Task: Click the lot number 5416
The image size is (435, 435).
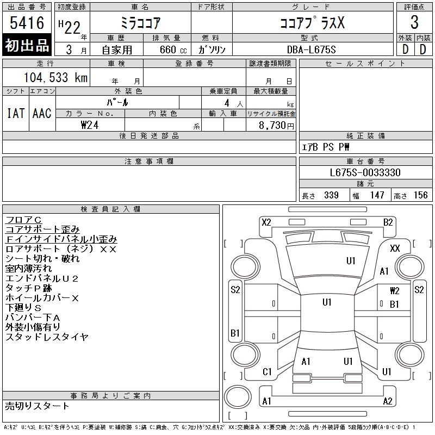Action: coord(27,23)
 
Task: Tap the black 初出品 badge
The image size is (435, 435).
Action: coord(27,45)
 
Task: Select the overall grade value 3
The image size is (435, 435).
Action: coord(414,22)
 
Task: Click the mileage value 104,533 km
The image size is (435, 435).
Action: coord(55,77)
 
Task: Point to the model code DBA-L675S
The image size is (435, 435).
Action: coord(311,49)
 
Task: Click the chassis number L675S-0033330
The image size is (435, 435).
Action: coord(365,172)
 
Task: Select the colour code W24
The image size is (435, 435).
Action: coord(90,125)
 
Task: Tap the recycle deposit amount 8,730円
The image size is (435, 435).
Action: coord(276,126)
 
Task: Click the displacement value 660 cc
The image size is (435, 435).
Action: coord(173,49)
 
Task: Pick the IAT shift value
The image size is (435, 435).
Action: coord(16,113)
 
